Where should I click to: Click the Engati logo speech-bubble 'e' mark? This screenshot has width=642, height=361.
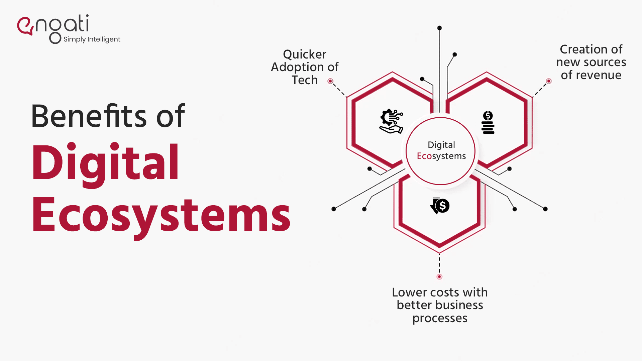point(25,26)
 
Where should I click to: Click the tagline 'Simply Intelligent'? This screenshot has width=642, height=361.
point(92,39)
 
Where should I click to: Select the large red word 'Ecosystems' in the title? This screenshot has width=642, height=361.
point(161,216)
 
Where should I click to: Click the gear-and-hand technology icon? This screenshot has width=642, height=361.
point(391,121)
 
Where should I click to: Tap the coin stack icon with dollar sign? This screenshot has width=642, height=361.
point(488,122)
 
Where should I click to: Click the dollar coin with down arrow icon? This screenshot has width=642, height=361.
point(440,206)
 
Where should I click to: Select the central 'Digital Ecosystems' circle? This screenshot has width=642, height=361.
point(441,151)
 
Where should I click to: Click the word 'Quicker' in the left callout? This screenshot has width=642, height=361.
point(304,54)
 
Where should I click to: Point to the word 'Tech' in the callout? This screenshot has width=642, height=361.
point(304,80)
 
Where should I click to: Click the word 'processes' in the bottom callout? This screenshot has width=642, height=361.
point(440,318)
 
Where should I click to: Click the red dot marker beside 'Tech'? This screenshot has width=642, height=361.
point(330,81)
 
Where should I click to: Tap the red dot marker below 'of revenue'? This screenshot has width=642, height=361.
point(549,81)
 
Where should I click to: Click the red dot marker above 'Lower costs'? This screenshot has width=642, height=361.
point(439,277)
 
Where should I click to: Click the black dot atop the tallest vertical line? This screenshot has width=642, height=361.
point(440,28)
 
